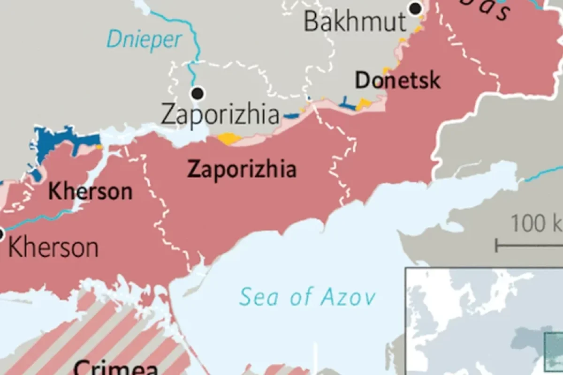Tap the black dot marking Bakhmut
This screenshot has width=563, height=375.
point(415,8)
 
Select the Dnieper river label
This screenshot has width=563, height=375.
point(144,39)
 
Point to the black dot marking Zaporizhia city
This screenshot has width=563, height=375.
point(198,93)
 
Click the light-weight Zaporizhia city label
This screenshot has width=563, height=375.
point(220,114)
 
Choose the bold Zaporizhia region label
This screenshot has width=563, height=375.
point(242,169)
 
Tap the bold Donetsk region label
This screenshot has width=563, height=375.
point(398,80)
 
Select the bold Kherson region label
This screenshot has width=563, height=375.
point(91,192)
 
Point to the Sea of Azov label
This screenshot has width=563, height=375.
point(307,297)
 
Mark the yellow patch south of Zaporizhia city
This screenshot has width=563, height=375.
point(229,139)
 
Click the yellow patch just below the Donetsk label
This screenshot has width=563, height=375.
point(364,104)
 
